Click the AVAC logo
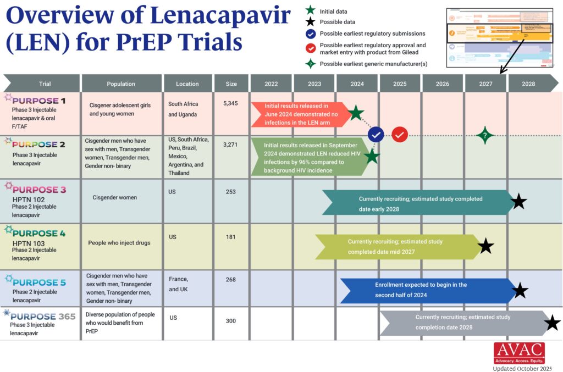(x=518, y=353)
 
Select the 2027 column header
(x=485, y=84)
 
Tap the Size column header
(x=231, y=84)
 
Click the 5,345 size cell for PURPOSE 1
(x=231, y=103)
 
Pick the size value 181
(x=231, y=237)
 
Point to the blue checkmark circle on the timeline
(x=376, y=134)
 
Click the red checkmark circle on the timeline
(x=400, y=134)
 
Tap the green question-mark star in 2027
(x=484, y=135)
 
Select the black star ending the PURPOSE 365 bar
(x=552, y=323)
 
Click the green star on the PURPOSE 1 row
(x=356, y=113)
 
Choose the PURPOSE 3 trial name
(x=40, y=190)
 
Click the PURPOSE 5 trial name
(x=40, y=282)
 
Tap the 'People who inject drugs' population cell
(x=119, y=242)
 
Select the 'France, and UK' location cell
(x=179, y=284)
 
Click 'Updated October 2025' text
(x=522, y=368)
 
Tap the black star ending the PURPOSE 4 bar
(x=485, y=246)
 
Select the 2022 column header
(x=271, y=84)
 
